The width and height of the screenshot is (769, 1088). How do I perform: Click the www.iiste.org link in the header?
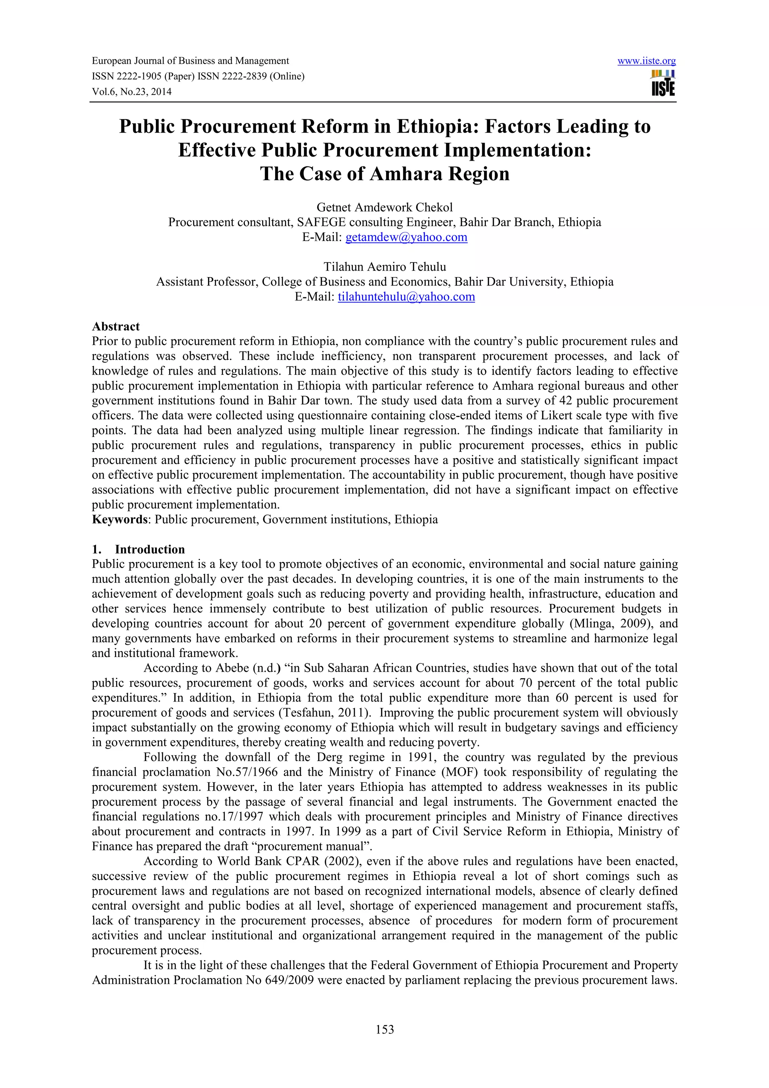[x=646, y=61]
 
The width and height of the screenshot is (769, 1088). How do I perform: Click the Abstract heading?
[x=116, y=327]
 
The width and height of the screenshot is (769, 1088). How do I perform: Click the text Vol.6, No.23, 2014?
[x=131, y=92]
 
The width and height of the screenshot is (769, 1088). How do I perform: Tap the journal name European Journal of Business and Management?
[x=190, y=61]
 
